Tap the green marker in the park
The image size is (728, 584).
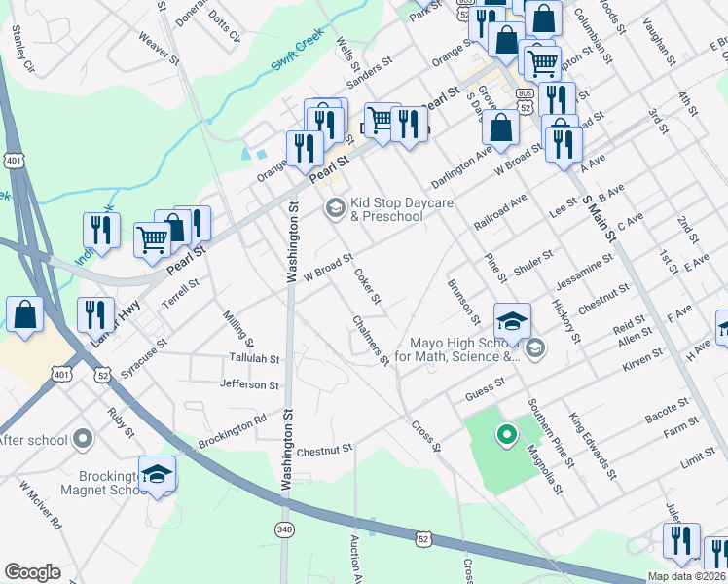tap(505, 435)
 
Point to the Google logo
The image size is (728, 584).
tap(32, 572)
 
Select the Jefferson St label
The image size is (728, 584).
tap(250, 385)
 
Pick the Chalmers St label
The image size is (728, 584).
tap(371, 342)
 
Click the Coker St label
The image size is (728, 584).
tap(367, 285)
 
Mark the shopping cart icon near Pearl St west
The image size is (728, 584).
tap(152, 237)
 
